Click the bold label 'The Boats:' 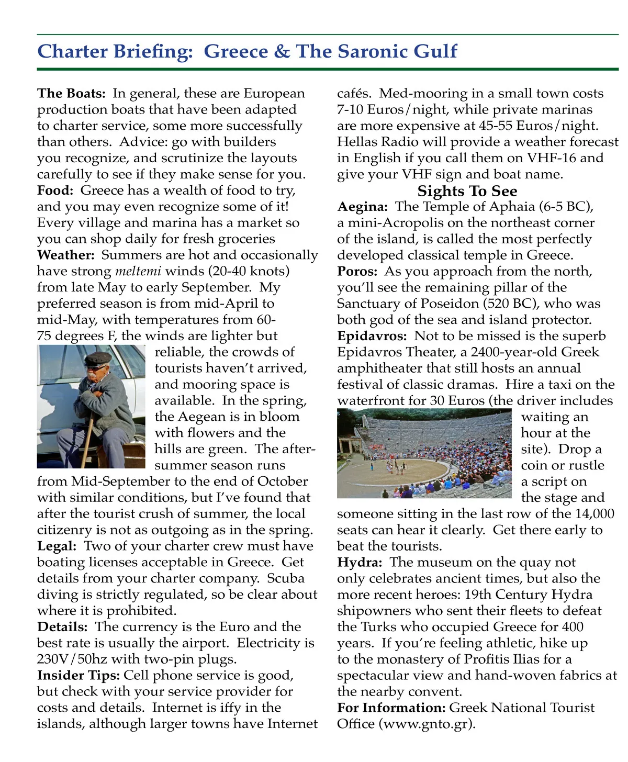pyautogui.click(x=71, y=94)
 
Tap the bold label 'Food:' pyautogui.click(x=55, y=190)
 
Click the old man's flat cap pyautogui.click(x=98, y=359)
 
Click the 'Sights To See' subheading pyautogui.click(x=467, y=191)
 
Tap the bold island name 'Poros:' pyautogui.click(x=357, y=271)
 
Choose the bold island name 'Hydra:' pyautogui.click(x=360, y=562)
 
